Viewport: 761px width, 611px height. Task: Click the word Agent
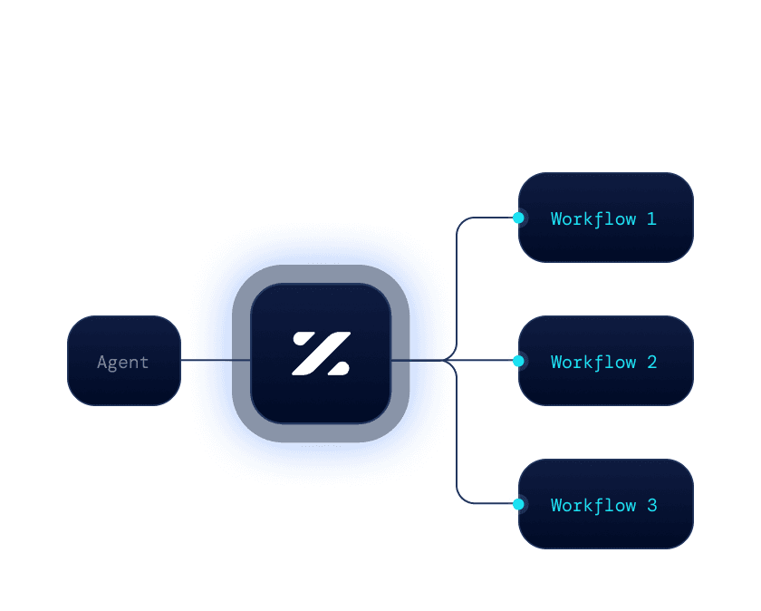[123, 363]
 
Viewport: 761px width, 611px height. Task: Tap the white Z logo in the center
[321, 354]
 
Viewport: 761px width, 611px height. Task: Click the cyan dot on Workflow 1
[518, 218]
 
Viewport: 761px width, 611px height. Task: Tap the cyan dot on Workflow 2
[518, 361]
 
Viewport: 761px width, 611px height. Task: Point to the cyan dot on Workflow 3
[518, 504]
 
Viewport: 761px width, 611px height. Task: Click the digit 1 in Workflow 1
[651, 218]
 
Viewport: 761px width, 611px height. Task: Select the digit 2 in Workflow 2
[651, 362]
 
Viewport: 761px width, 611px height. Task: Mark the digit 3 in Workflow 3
[651, 505]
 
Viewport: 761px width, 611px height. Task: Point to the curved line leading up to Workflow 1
[457, 272]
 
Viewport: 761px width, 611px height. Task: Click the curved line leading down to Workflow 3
[457, 444]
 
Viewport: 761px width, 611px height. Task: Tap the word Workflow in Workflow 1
[593, 218]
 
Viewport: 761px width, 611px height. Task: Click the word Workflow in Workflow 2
[593, 362]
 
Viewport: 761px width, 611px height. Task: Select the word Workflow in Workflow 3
[593, 505]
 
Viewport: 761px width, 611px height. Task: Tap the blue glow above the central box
[321, 245]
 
